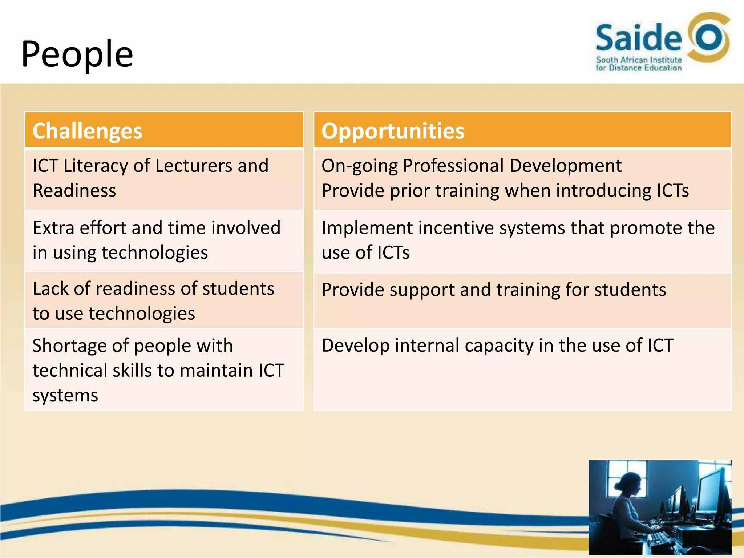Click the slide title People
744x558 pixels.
tap(77, 54)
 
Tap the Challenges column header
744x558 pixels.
tap(87, 131)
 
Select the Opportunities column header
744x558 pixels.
tap(393, 131)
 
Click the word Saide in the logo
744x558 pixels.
tap(638, 38)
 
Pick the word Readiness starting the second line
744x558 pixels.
tap(74, 191)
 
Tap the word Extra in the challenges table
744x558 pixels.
tap(53, 228)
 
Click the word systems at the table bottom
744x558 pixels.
tap(65, 395)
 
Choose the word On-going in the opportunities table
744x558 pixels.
tap(360, 166)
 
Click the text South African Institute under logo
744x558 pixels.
tap(639, 60)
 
